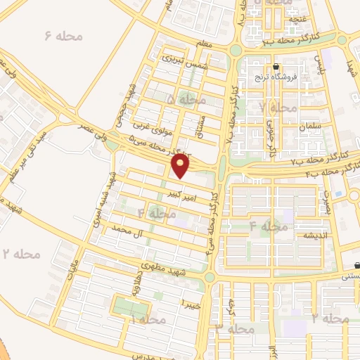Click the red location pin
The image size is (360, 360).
(181, 166)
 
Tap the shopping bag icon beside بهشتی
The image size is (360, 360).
(358, 266)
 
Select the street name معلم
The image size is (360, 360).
(205, 44)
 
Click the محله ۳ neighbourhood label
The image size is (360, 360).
(235, 328)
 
